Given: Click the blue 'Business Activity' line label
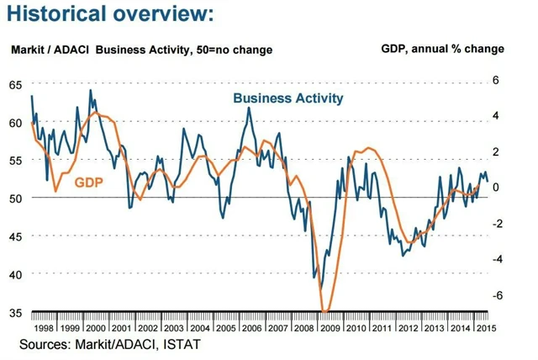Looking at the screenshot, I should [288, 98].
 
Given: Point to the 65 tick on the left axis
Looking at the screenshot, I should [16, 85].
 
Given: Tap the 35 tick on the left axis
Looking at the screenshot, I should [16, 313].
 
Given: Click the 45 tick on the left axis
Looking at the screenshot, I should [16, 236].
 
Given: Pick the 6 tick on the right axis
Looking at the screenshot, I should [496, 81].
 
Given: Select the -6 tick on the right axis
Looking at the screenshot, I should [494, 295].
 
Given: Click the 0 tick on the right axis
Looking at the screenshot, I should [496, 188].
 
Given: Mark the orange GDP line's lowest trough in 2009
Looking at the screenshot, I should [326, 311].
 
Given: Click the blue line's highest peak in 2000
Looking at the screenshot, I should [90, 90].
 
